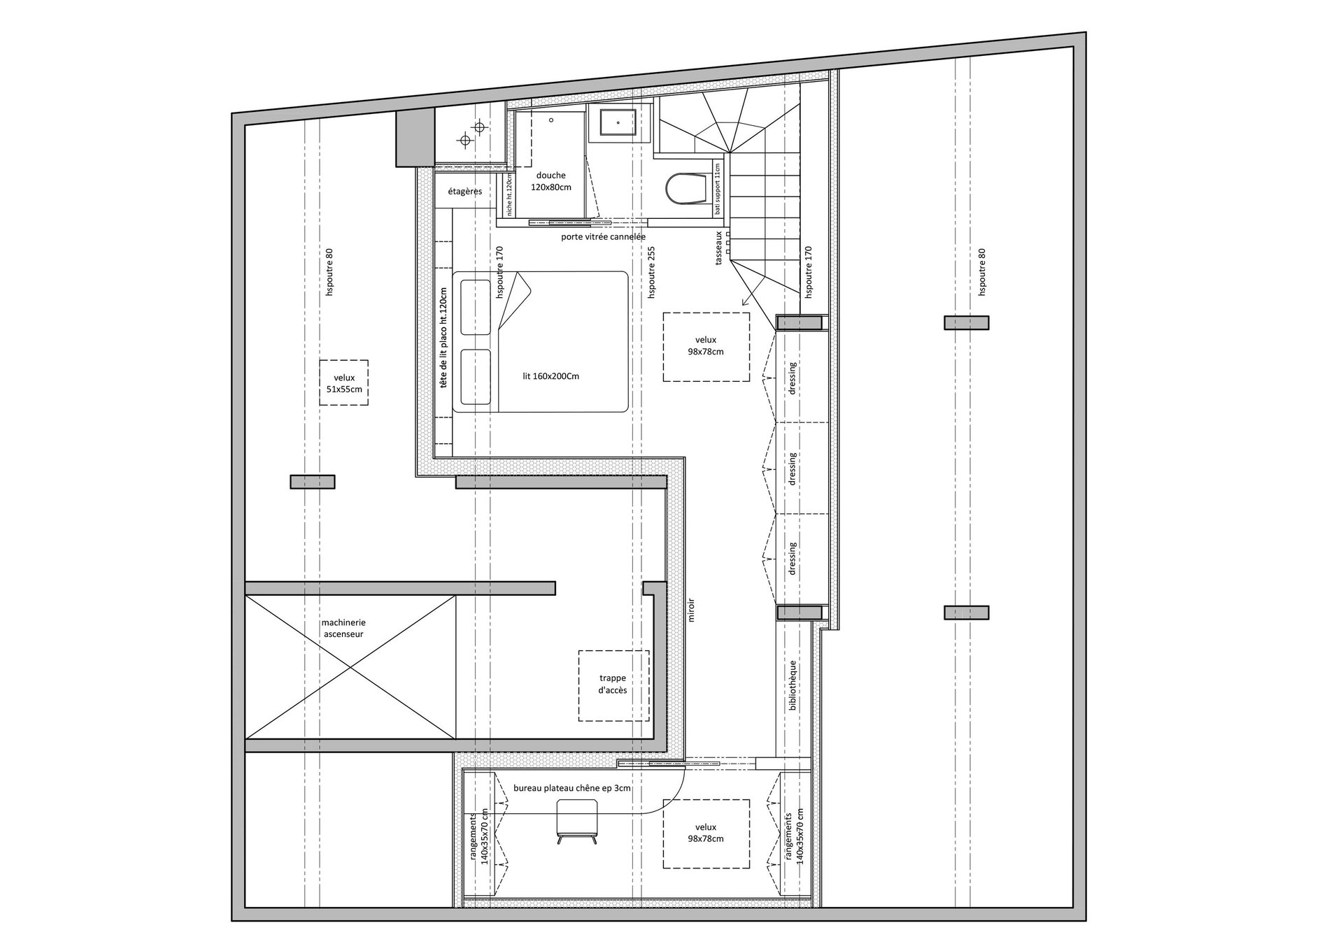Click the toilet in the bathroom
tap(686, 189)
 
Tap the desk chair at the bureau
tap(577, 821)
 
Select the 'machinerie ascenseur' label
tap(343, 628)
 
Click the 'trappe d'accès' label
tap(613, 684)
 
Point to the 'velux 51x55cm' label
tap(344, 383)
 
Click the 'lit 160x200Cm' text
tap(550, 376)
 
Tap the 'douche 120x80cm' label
tap(551, 181)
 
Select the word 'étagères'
tap(465, 191)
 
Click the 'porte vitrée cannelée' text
tap(603, 236)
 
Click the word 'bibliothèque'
tap(793, 686)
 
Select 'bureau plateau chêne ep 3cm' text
tap(572, 788)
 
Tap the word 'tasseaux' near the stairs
tap(718, 248)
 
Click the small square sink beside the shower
tap(618, 123)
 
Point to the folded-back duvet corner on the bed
tap(516, 297)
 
